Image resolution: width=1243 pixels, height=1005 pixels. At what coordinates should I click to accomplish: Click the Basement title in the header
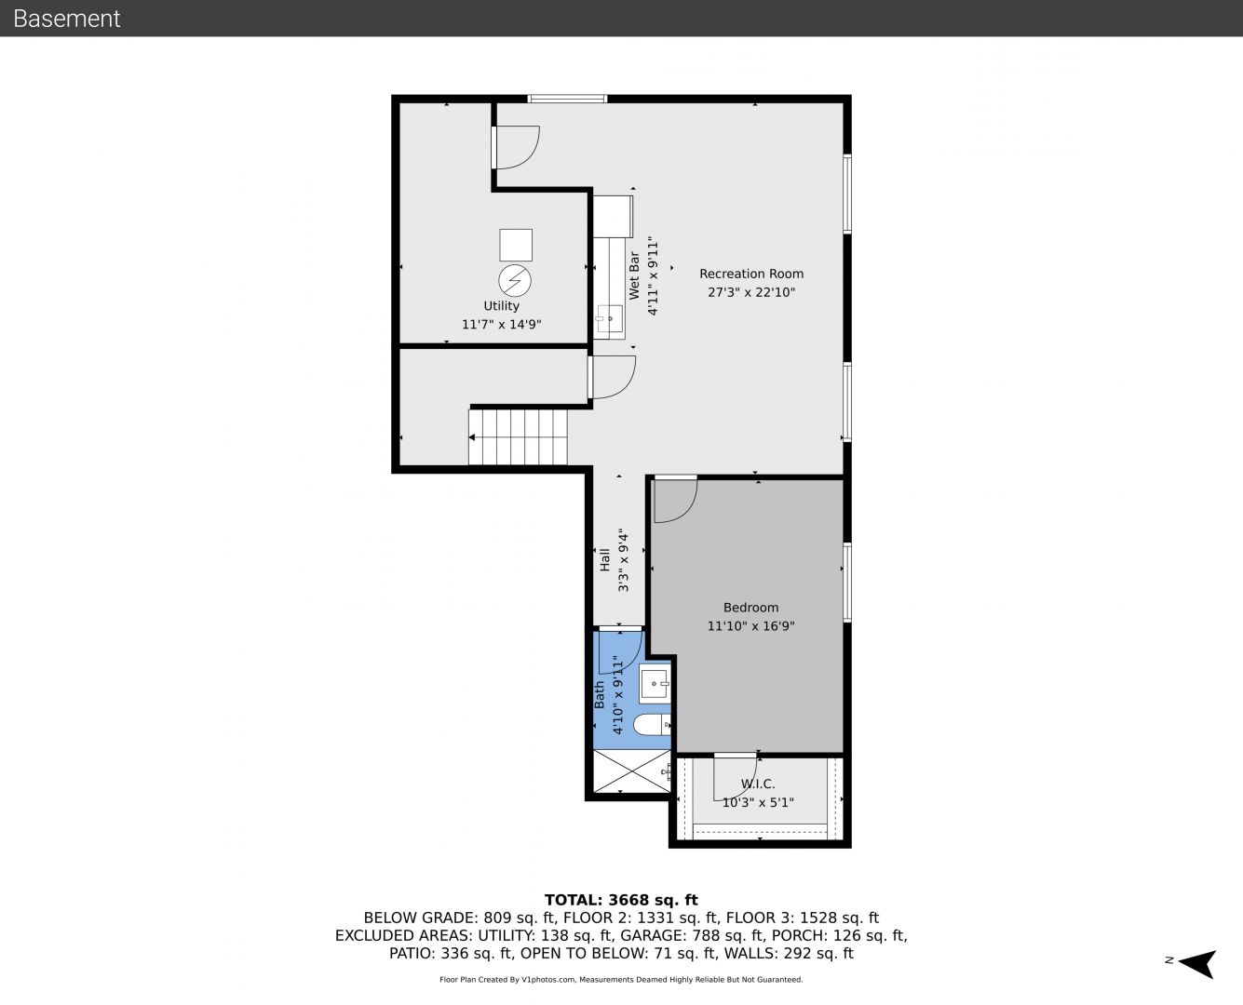[x=66, y=19]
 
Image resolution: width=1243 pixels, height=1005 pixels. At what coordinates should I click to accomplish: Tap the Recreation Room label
[x=751, y=274]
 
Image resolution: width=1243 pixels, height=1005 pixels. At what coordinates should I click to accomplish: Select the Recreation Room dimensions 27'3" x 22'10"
[x=751, y=292]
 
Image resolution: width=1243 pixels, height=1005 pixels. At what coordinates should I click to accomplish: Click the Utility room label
[x=501, y=306]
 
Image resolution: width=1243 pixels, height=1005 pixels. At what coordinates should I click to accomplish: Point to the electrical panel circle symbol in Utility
[x=515, y=281]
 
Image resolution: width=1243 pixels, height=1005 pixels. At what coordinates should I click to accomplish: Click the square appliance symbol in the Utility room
[x=516, y=245]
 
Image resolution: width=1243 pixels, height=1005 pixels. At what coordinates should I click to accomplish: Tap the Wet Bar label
[x=634, y=275]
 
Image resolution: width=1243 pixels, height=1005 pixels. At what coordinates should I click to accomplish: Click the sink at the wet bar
[x=609, y=318]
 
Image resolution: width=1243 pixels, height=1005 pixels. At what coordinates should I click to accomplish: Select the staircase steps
[x=518, y=437]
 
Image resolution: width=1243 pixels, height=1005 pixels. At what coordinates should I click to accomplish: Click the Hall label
[x=604, y=560]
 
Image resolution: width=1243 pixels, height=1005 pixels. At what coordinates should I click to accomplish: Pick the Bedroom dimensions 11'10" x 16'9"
[x=751, y=626]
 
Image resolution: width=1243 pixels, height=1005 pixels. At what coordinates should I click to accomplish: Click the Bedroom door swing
[x=676, y=500]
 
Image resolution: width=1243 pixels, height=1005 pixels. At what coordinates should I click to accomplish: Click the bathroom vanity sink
[x=655, y=684]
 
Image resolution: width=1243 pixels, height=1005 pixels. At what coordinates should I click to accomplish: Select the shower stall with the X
[x=632, y=771]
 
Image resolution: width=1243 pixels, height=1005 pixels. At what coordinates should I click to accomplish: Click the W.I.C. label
[x=758, y=784]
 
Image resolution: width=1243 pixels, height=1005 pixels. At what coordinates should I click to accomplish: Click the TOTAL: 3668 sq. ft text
[x=621, y=900]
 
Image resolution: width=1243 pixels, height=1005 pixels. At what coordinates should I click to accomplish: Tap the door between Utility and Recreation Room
[x=516, y=147]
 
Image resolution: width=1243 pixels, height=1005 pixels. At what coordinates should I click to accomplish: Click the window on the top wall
[x=567, y=99]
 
